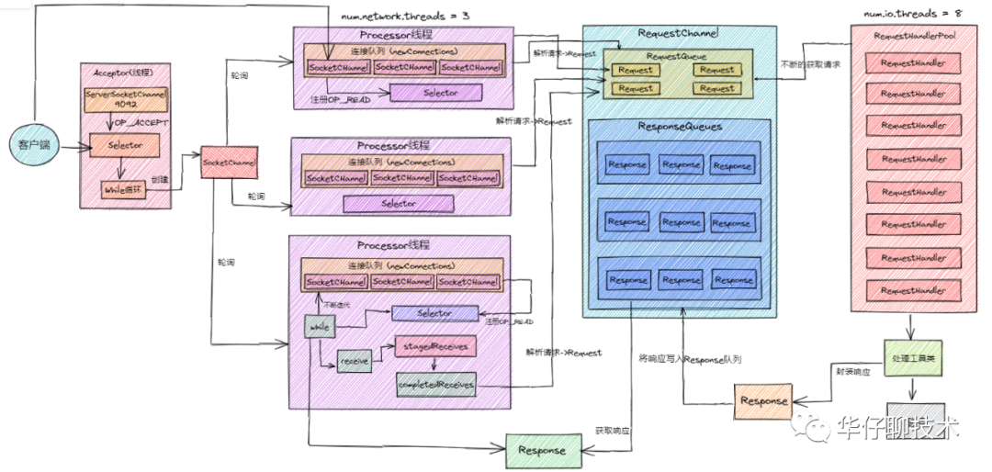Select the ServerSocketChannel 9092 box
(x=124, y=99)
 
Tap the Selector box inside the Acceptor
(x=124, y=144)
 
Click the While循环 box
(x=123, y=190)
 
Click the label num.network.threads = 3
(x=393, y=16)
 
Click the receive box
(x=354, y=362)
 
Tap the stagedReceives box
(x=435, y=346)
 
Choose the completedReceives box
(x=436, y=383)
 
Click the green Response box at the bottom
(x=541, y=450)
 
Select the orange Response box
(x=763, y=400)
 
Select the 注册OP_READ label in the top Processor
(x=340, y=98)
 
